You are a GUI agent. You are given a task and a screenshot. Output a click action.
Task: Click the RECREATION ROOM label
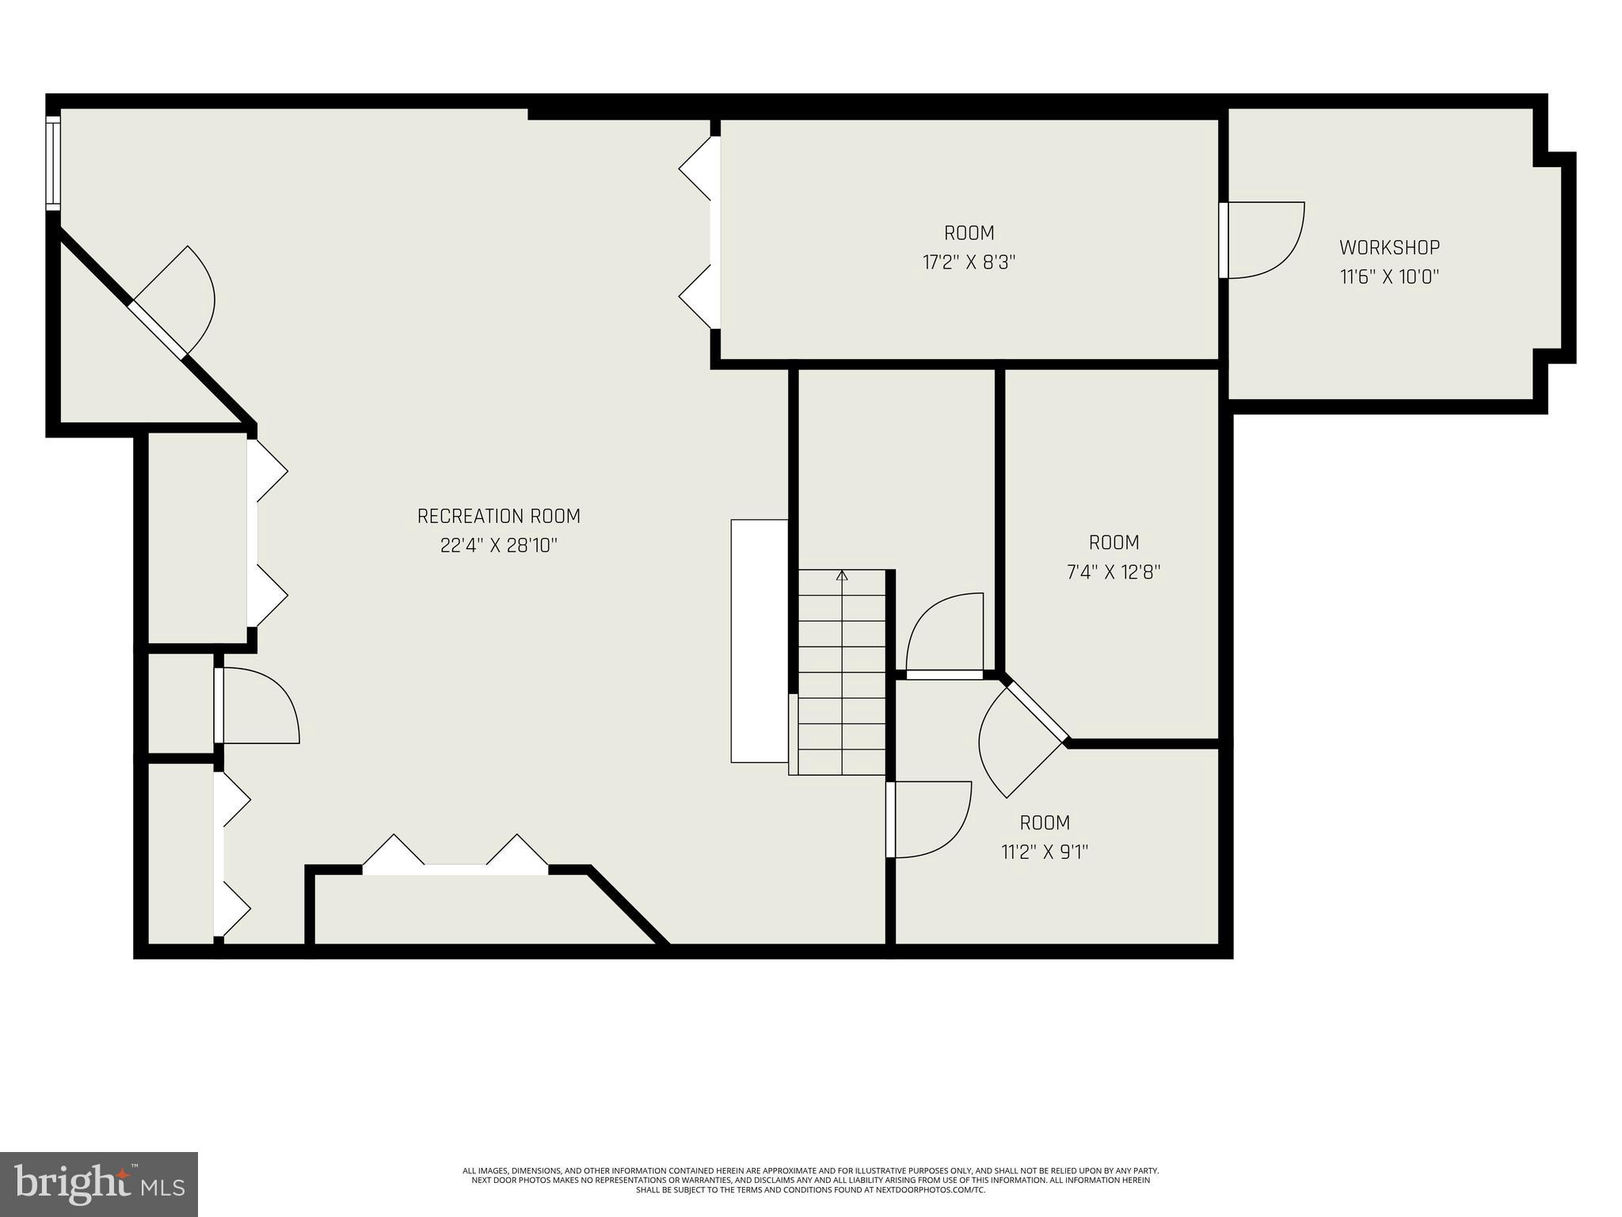pos(498,517)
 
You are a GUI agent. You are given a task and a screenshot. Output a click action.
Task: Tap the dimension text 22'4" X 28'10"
pos(498,546)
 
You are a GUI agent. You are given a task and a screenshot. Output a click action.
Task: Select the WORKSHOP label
pos(1389,247)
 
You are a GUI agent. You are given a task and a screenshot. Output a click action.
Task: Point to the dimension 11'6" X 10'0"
pos(1389,277)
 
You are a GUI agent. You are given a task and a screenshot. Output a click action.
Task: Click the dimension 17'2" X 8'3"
pos(969,262)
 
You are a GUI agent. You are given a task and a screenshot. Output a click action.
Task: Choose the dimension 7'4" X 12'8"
pos(1114,572)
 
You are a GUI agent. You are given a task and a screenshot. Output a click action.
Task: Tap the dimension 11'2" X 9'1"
pos(1045,852)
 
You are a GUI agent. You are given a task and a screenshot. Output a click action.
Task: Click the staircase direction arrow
pos(842,576)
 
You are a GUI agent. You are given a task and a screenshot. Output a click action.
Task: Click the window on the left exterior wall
pos(53,162)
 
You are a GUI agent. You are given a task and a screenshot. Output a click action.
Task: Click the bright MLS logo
pos(99,1184)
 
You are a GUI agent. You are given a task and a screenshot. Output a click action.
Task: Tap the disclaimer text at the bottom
pos(810,1180)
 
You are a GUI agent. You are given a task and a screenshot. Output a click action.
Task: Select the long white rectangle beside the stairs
pos(759,640)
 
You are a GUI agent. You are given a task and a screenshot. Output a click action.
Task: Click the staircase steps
pos(841,673)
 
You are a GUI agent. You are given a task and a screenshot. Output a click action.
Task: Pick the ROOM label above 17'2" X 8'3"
pos(969,233)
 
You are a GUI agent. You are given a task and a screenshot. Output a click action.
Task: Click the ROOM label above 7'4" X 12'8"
pos(1114,543)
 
